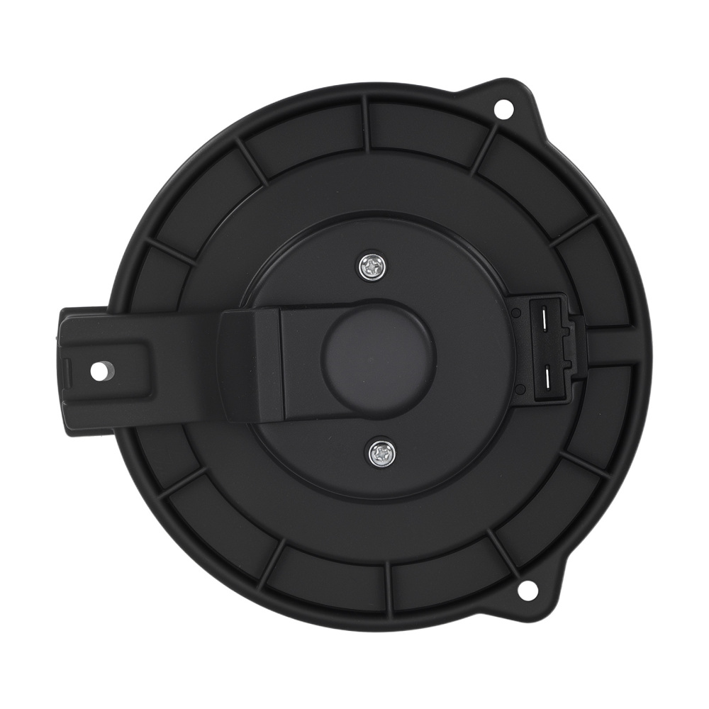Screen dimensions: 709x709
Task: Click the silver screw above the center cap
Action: (372, 267)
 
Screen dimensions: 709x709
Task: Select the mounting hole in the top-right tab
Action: (503, 108)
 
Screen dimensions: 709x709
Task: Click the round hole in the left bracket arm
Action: (100, 371)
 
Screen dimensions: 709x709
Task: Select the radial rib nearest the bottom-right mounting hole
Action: (501, 549)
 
